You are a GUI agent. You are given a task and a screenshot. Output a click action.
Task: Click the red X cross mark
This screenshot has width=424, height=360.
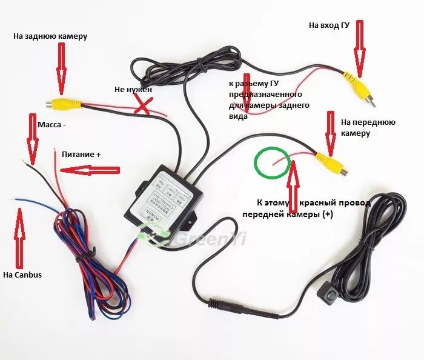tap(143, 107)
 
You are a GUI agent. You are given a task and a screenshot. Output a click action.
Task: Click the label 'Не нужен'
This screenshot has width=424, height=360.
tap(133, 89)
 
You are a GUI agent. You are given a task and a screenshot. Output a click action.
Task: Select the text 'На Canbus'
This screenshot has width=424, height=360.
tap(22, 275)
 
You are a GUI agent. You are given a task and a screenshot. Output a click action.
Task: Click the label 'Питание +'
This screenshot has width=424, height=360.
tap(81, 154)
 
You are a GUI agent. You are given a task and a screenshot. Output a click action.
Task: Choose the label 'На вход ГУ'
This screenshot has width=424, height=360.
tap(330, 25)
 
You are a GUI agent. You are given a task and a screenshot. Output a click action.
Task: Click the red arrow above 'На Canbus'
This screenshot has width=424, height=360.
tap(19, 234)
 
